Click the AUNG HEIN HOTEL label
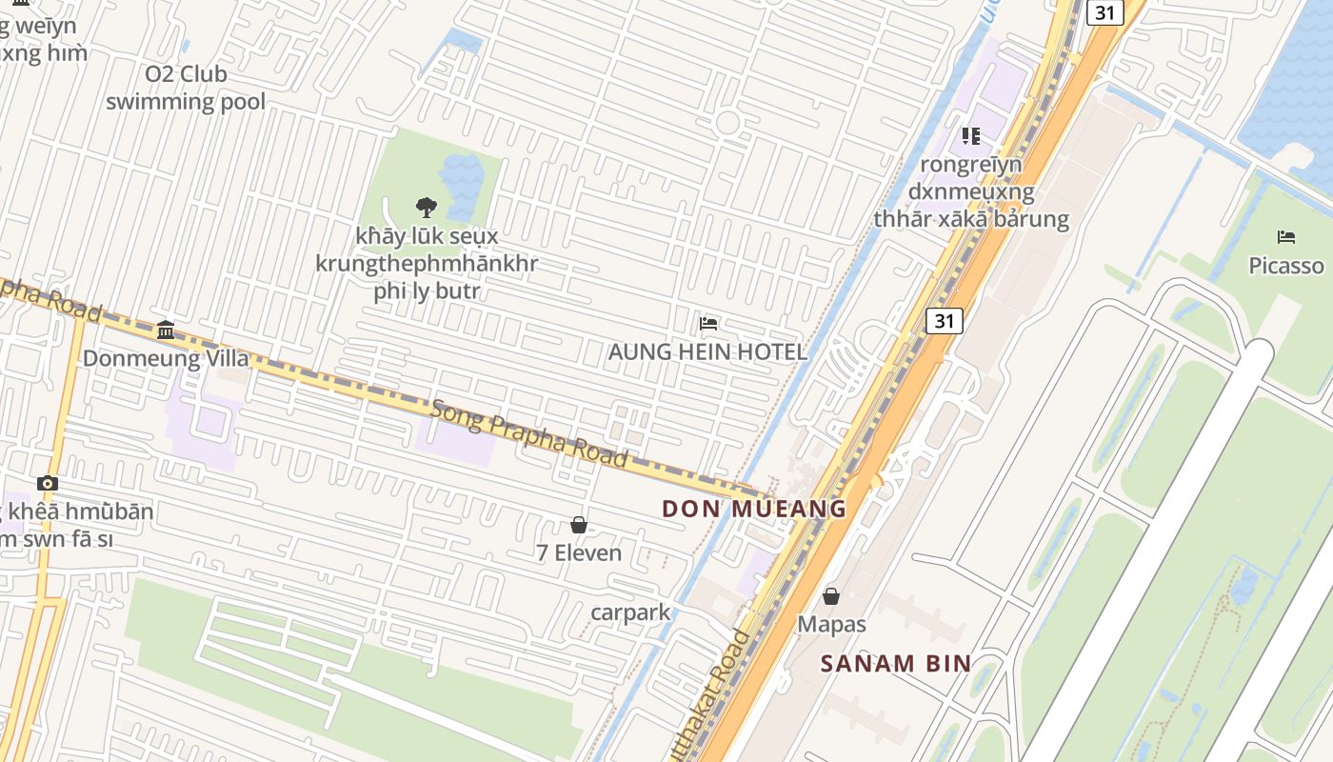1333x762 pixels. pyautogui.click(x=707, y=351)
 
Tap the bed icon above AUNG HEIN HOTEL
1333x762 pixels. pyautogui.click(x=707, y=324)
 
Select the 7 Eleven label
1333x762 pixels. pyautogui.click(x=579, y=552)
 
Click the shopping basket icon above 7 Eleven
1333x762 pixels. pyautogui.click(x=578, y=525)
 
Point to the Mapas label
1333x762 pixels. pyautogui.click(x=831, y=625)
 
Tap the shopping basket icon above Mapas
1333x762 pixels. pyautogui.click(x=831, y=596)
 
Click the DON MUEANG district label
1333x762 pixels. pyautogui.click(x=754, y=509)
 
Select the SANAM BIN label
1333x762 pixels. pyautogui.click(x=895, y=664)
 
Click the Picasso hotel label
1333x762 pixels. pyautogui.click(x=1286, y=266)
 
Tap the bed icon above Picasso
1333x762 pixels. pyautogui.click(x=1286, y=237)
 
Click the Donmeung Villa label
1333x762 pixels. pyautogui.click(x=166, y=359)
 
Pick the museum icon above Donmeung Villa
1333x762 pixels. pyautogui.click(x=166, y=331)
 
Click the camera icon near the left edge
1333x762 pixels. pyautogui.click(x=48, y=484)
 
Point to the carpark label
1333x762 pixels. pyautogui.click(x=630, y=612)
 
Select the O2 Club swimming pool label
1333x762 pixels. pyautogui.click(x=186, y=88)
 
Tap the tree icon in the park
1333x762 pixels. pyautogui.click(x=426, y=207)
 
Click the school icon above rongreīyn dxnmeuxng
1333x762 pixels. pyautogui.click(x=971, y=136)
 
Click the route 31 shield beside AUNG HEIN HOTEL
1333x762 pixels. pyautogui.click(x=944, y=321)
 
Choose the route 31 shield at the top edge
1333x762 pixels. pyautogui.click(x=1105, y=12)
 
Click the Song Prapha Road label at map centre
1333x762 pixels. pyautogui.click(x=529, y=434)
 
